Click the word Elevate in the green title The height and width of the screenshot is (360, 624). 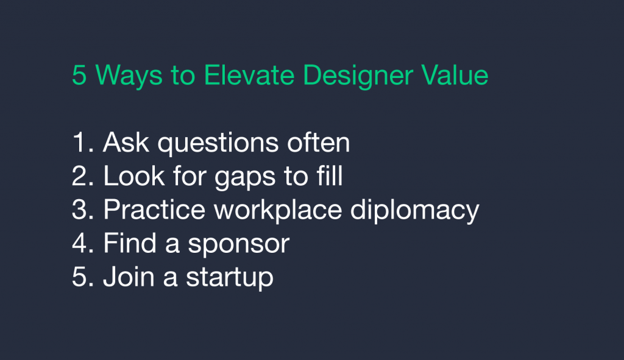pos(249,75)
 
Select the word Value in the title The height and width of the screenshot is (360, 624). pos(455,75)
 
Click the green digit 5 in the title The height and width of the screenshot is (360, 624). pos(79,75)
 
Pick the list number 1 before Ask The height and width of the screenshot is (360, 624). pos(83,142)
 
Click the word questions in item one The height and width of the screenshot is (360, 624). pos(218,144)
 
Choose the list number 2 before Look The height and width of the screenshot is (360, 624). pos(83,175)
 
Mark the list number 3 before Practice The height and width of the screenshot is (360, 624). pos(83,209)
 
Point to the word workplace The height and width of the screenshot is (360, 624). pos(278,210)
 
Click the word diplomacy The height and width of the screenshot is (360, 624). pos(414,210)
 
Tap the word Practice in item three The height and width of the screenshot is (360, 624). pos(154,209)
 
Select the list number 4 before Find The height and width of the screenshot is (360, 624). pos(83,242)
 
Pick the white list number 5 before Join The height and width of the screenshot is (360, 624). pos(83,277)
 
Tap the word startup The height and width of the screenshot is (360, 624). pos(230,278)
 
